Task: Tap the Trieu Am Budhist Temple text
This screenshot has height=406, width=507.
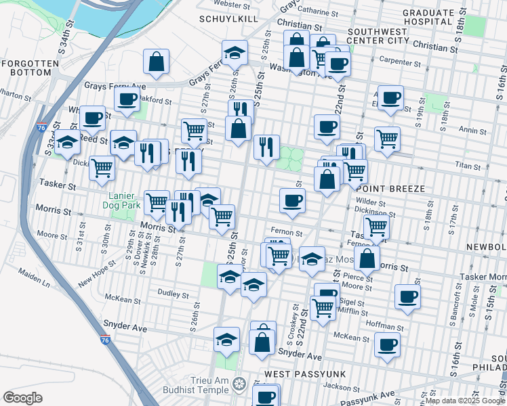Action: click(202, 385)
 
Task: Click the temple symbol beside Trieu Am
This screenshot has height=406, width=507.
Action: click(238, 385)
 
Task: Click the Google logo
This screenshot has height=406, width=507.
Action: click(23, 398)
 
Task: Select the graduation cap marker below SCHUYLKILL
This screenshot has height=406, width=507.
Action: click(235, 53)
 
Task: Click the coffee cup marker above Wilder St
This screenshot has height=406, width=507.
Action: click(292, 201)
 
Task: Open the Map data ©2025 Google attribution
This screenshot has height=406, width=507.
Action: click(465, 401)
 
